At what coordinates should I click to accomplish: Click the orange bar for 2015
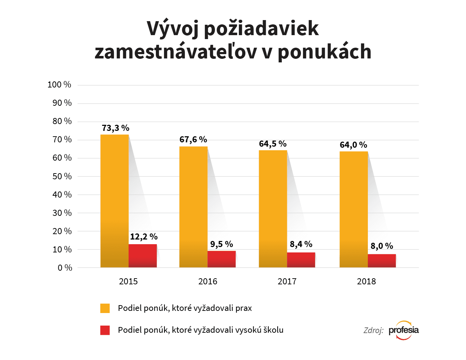coord(114,201)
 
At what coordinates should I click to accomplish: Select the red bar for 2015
coord(143,256)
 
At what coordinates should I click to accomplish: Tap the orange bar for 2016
coord(193,207)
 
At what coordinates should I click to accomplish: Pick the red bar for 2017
coord(301,260)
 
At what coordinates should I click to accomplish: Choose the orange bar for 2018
coord(354,209)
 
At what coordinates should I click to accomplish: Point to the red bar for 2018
coord(381,261)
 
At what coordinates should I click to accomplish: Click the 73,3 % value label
coord(115,128)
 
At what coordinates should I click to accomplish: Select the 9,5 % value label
coord(221,244)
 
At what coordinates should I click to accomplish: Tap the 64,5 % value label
coord(273,144)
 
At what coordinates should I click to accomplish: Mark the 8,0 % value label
coord(381,246)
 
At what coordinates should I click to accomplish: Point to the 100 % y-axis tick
coord(59,85)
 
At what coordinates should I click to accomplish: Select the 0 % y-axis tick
coord(65,268)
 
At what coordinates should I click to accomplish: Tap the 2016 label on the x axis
coord(208,281)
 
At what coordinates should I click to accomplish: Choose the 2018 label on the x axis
coord(366,281)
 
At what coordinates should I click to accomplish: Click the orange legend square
coord(105,308)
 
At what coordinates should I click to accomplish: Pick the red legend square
coord(105,330)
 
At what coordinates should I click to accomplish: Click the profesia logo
coord(404,330)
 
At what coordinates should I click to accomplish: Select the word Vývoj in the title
coord(173,29)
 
